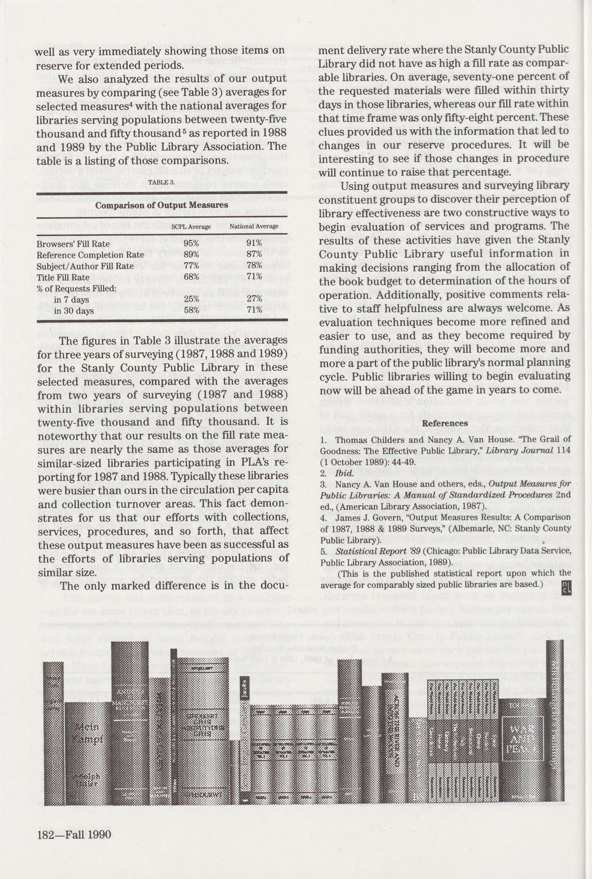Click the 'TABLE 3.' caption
(161, 182)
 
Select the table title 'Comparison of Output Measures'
(162, 205)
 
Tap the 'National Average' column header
(254, 226)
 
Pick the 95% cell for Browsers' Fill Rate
(192, 244)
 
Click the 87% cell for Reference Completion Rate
(254, 255)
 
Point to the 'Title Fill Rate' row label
(63, 277)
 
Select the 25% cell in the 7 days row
(192, 299)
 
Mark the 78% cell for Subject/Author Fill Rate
(254, 266)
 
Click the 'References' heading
(445, 423)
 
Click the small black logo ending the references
(566, 587)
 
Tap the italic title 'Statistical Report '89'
(378, 551)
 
